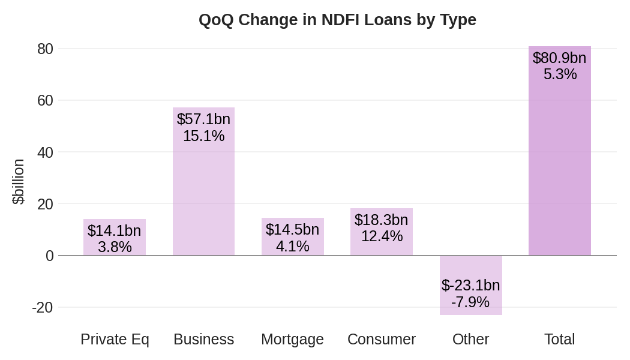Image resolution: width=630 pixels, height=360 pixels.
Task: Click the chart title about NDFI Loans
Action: (x=337, y=20)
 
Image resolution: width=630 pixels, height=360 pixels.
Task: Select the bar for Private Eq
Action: (x=115, y=237)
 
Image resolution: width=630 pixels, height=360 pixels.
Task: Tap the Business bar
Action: (x=204, y=181)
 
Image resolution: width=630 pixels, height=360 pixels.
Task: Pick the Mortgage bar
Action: (x=293, y=236)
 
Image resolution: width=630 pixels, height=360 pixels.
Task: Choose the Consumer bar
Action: (x=382, y=232)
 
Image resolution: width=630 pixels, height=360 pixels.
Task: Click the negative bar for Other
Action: (x=471, y=285)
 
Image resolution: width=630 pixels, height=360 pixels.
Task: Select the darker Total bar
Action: (x=560, y=151)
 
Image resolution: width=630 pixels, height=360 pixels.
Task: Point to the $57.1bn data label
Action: (x=204, y=119)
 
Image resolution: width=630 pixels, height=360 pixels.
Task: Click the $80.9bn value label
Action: (x=560, y=58)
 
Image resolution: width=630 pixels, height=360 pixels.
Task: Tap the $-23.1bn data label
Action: (x=471, y=285)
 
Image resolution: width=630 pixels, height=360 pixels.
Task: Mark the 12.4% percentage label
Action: (x=382, y=236)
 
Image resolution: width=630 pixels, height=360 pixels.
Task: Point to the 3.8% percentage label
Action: (x=115, y=247)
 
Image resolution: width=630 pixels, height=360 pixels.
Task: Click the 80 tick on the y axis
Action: (x=46, y=49)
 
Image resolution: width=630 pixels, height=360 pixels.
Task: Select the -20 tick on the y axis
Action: (x=43, y=307)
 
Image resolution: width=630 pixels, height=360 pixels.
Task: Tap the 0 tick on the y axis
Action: (x=49, y=256)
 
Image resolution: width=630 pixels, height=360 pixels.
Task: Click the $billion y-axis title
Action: (x=19, y=182)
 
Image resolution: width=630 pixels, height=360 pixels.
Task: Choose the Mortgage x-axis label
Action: (x=293, y=340)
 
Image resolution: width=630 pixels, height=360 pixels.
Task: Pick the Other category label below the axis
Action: (x=471, y=339)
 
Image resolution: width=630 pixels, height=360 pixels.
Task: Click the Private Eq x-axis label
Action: (x=115, y=340)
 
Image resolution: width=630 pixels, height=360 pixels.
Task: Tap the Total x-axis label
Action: (x=560, y=339)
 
